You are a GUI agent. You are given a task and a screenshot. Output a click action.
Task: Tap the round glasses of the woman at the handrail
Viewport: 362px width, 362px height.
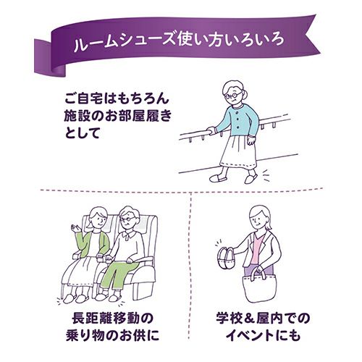point(233,95)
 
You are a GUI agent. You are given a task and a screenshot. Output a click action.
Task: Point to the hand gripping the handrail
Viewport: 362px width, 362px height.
point(211,130)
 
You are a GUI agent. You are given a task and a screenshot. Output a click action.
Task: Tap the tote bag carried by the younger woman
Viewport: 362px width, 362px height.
point(258,287)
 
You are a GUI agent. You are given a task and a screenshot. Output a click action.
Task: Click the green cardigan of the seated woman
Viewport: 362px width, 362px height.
point(93,245)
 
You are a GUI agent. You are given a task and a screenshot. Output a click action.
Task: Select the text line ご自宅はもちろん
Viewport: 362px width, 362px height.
point(117,98)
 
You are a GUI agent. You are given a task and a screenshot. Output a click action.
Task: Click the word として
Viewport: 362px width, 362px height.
point(82,132)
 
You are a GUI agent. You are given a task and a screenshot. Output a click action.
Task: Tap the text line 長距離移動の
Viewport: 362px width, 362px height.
point(112,319)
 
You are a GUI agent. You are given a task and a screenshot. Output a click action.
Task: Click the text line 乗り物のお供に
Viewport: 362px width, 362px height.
point(113,335)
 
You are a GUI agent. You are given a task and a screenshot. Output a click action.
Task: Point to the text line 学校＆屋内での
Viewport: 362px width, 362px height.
point(263,319)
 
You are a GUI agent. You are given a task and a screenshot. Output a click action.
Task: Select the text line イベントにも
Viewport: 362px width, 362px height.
point(263,335)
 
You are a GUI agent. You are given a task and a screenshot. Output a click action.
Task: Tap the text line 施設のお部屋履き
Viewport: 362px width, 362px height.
point(118,116)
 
